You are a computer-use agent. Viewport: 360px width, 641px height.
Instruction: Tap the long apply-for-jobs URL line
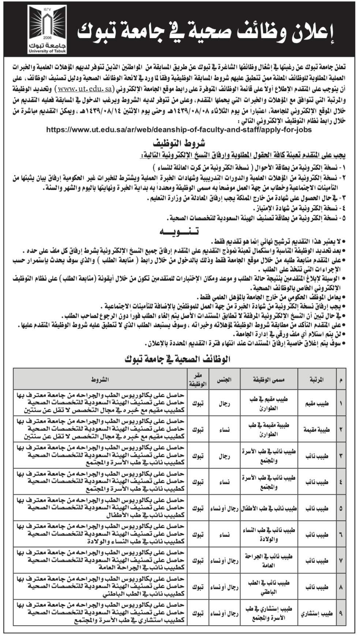[x=180, y=130]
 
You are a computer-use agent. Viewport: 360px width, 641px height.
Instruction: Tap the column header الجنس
[x=224, y=379]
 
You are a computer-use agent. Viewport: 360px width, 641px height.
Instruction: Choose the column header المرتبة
[x=316, y=379]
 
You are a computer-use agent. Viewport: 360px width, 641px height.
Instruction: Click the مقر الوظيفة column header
[x=198, y=379]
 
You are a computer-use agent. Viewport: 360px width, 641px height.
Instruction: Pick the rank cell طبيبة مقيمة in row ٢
[x=316, y=430]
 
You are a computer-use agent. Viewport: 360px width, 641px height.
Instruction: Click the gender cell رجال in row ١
[x=224, y=404]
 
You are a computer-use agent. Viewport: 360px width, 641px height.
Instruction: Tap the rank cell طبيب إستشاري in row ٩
[x=316, y=613]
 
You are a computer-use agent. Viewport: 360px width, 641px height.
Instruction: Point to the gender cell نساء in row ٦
[x=224, y=535]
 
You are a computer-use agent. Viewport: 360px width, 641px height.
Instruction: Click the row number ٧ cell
[x=341, y=561]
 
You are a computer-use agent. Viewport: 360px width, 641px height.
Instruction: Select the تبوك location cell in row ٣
[x=198, y=456]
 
